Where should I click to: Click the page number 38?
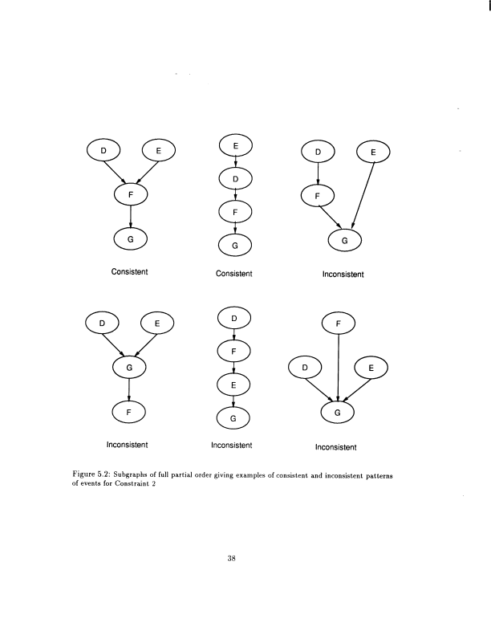pos(232,559)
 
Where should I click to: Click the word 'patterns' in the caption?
pos(379,476)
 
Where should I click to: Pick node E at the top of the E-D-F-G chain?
pos(236,145)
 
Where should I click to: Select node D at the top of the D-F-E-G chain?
pos(234,319)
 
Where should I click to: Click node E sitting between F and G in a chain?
pos(233,385)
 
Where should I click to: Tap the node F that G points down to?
pos(128,412)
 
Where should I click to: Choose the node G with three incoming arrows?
pos(337,413)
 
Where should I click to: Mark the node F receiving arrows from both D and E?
pos(130,194)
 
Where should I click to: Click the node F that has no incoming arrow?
pos(338,324)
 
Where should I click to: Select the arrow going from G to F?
pos(128,389)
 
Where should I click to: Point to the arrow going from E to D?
pos(236,162)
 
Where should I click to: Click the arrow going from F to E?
pos(233,368)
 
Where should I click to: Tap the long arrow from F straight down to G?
pos(338,368)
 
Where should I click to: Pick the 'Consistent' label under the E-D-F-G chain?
pos(234,274)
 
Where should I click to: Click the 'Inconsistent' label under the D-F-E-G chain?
pos(232,446)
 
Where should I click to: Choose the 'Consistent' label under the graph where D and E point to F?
pos(129,271)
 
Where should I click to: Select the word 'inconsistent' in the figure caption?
pos(343,476)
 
